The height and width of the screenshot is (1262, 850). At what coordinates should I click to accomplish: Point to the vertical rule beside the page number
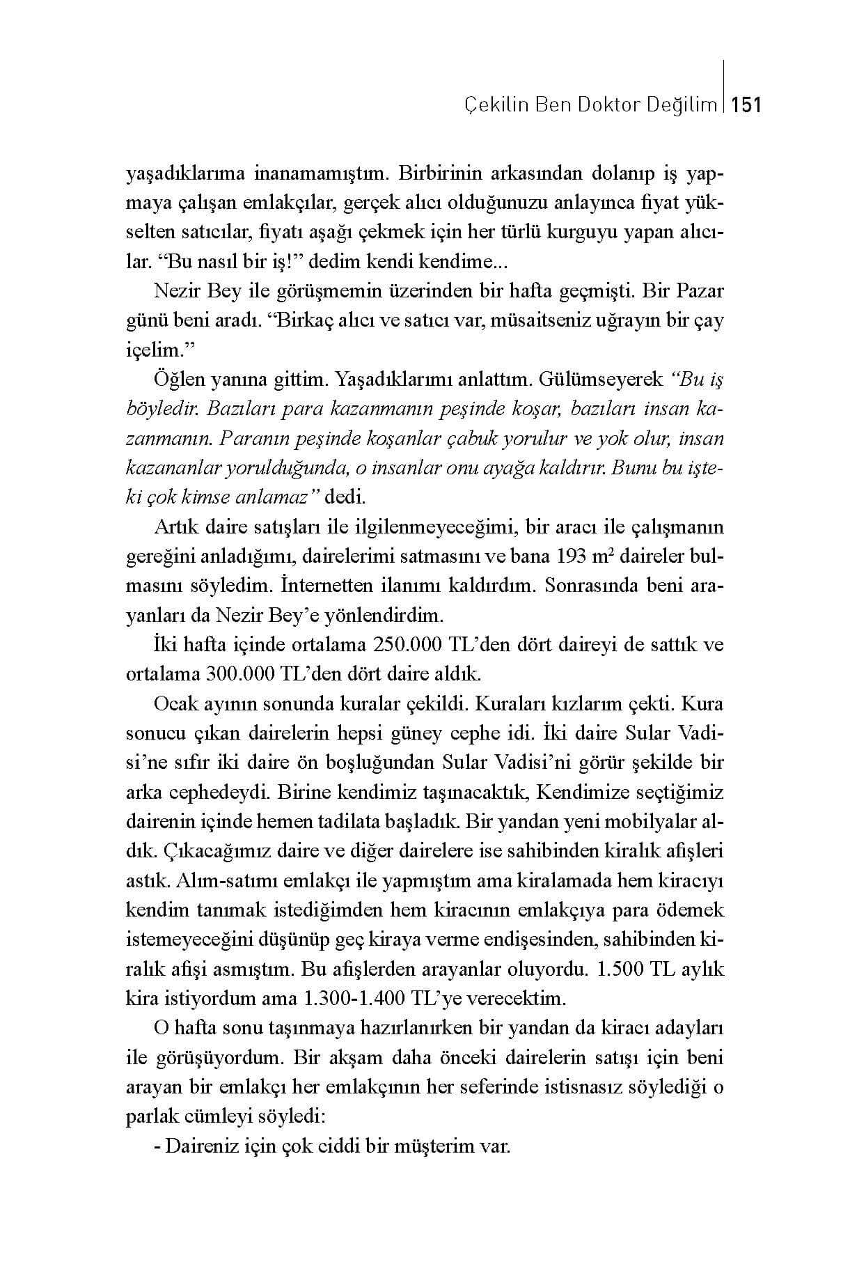click(x=725, y=86)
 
